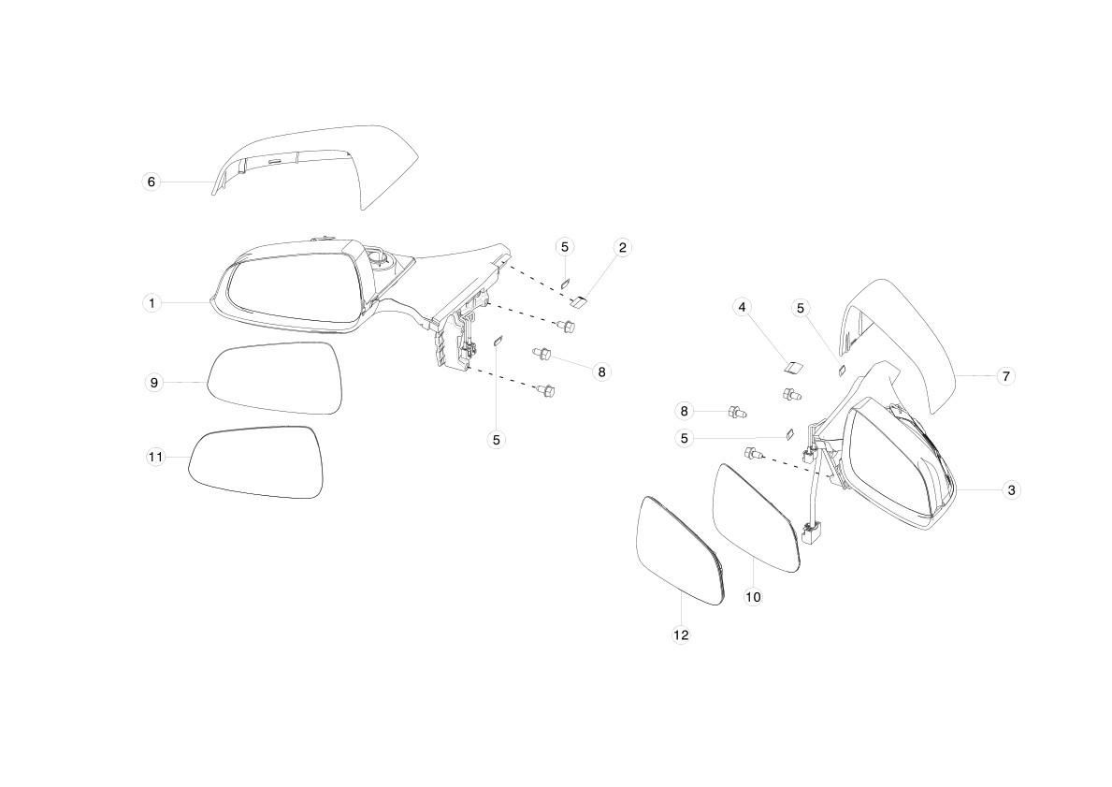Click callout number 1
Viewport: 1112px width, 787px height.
(x=152, y=303)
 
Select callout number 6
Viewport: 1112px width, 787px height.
(x=152, y=182)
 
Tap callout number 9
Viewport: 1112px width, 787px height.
(x=154, y=383)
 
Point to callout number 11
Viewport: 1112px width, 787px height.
(x=155, y=457)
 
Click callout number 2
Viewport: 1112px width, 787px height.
(x=623, y=247)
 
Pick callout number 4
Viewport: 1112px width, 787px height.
(x=742, y=307)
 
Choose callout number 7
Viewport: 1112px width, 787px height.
(x=1006, y=376)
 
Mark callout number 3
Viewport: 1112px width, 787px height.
(x=1011, y=489)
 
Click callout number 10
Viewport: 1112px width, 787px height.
(x=753, y=597)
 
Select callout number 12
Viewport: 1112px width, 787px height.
(x=681, y=635)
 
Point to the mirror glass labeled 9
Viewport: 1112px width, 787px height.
(x=275, y=377)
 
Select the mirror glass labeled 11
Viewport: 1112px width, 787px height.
(x=255, y=462)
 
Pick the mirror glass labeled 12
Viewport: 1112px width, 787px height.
(x=680, y=550)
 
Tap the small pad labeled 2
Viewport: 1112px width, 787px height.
(x=579, y=303)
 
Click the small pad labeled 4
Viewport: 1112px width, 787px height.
(x=793, y=366)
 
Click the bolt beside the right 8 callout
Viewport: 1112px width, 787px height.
(x=542, y=352)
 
